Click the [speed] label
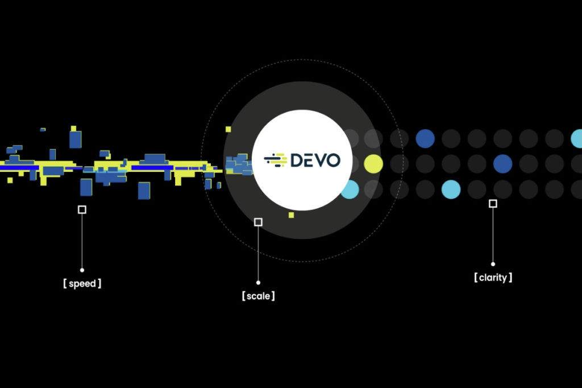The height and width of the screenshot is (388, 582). [82, 283]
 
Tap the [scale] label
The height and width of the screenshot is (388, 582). [258, 296]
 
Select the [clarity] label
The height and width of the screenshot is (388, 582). [493, 278]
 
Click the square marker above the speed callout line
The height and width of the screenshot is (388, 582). [82, 209]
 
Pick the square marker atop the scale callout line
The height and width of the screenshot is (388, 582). [258, 222]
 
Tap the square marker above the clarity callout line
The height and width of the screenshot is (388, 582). [493, 204]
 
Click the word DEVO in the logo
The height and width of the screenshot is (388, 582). [315, 160]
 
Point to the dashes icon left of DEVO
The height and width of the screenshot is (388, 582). [276, 160]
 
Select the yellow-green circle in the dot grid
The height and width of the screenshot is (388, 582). [373, 164]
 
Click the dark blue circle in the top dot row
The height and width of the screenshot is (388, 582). [425, 138]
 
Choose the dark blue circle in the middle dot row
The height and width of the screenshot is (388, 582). [502, 164]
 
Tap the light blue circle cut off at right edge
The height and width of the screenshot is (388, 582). [577, 138]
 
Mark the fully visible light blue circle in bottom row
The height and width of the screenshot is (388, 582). [451, 189]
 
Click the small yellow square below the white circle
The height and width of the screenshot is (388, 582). [291, 215]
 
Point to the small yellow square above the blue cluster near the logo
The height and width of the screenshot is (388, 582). [228, 129]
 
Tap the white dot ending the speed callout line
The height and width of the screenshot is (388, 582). [82, 270]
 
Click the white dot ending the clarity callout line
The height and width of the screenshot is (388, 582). [493, 264]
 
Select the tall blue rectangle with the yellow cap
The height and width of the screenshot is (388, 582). [75, 138]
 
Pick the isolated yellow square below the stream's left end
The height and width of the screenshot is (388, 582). [10, 180]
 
